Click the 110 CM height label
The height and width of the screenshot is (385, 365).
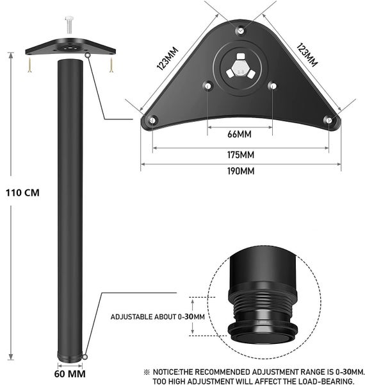(x=22, y=192)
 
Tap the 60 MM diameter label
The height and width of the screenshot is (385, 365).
(x=69, y=373)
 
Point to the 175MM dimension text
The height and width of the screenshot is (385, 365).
(x=239, y=155)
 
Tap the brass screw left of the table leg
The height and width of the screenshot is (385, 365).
(x=29, y=64)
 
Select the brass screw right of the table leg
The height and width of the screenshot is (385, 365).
(x=111, y=64)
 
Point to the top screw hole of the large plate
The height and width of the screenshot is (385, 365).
(x=239, y=30)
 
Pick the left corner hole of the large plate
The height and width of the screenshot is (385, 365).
(x=152, y=119)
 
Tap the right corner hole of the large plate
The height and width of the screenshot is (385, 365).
(x=328, y=119)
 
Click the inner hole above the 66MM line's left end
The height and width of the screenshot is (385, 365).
(x=207, y=85)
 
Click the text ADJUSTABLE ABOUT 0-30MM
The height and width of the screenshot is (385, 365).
(x=158, y=316)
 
